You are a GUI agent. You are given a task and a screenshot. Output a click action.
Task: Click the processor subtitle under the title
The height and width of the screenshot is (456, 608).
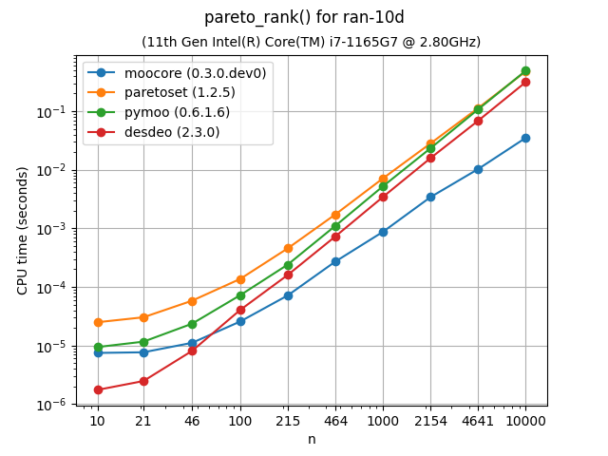311,42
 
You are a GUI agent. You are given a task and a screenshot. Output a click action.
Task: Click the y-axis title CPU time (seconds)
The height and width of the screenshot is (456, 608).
23,230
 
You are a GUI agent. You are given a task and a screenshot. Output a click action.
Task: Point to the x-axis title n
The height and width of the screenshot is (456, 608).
312,439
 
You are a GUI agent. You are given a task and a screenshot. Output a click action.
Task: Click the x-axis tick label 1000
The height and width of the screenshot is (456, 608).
383,420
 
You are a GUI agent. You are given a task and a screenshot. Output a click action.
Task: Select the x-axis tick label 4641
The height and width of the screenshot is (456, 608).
478,420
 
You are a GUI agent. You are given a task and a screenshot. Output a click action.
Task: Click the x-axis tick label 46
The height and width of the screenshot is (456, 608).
192,420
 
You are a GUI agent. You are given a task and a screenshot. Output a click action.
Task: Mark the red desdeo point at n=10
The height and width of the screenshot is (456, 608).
97,389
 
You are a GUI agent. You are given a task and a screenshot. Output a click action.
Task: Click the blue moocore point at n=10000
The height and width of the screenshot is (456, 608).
525,138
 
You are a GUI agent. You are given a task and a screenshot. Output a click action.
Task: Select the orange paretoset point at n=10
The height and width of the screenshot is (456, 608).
97,322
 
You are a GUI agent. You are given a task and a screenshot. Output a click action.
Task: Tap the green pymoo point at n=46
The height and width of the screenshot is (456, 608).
192,324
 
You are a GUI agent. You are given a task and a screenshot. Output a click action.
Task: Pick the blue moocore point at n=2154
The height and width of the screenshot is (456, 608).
430,197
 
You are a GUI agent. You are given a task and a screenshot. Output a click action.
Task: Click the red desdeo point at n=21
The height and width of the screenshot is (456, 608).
143,381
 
